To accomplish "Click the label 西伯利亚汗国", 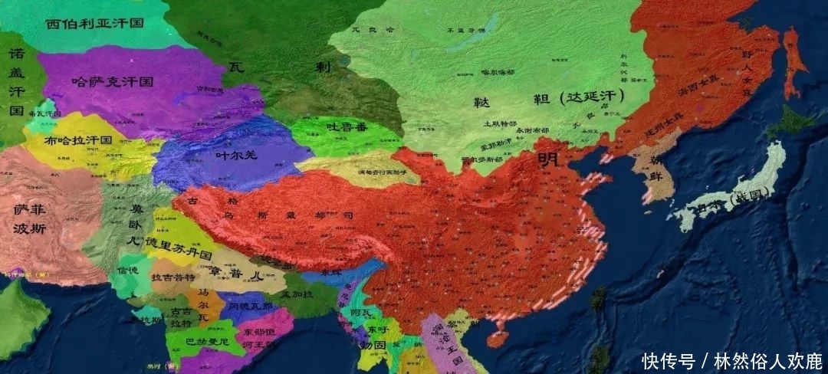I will pyautogui.click(x=94, y=23).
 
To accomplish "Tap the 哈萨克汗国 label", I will pyautogui.click(x=112, y=80).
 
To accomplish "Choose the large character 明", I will pyautogui.click(x=548, y=159).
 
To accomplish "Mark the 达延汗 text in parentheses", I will pyautogui.click(x=595, y=97).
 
